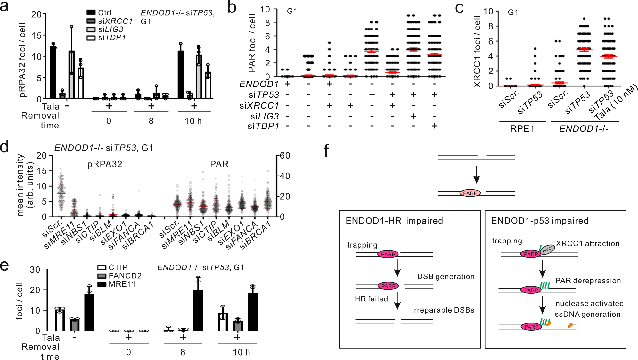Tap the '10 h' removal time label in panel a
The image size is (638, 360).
[193, 121]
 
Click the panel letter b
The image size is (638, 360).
[232, 8]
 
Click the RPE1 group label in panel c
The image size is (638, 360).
[522, 129]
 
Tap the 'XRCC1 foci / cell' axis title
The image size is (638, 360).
[477, 51]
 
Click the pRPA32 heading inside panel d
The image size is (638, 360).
[105, 164]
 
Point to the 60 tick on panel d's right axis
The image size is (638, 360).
[285, 156]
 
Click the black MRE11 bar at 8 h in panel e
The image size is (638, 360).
[198, 310]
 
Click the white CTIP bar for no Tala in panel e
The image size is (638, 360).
[60, 320]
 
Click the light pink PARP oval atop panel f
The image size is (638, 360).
[470, 193]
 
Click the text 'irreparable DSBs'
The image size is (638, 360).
[443, 310]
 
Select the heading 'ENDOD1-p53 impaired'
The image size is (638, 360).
[540, 221]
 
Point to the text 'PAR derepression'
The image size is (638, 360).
[588, 281]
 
